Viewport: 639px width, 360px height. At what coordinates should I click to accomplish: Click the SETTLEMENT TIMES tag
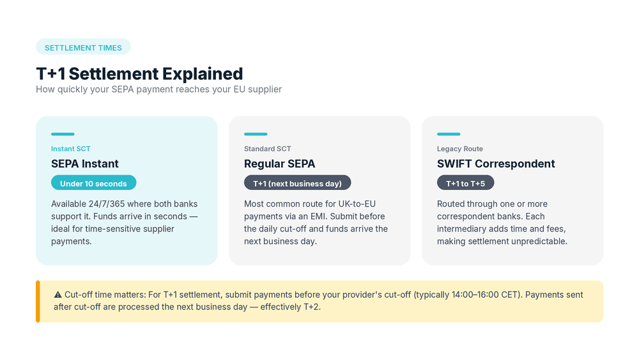(83, 47)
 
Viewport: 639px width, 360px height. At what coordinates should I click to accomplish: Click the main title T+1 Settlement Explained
(139, 74)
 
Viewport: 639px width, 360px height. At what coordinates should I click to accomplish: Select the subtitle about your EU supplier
(158, 90)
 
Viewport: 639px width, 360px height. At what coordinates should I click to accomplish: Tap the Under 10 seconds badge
(93, 184)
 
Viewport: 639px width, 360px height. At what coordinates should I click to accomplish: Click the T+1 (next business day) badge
(297, 184)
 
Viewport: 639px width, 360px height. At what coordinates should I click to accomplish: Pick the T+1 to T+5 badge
(465, 184)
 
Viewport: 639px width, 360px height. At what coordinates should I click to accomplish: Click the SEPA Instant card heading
(85, 164)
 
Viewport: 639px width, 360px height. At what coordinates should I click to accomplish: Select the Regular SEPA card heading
(279, 164)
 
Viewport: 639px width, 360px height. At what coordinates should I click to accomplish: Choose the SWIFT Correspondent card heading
(496, 164)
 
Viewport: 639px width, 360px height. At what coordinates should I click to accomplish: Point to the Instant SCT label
(71, 149)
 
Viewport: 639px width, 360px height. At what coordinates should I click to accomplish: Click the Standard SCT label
(267, 149)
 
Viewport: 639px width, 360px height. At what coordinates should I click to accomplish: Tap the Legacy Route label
(460, 149)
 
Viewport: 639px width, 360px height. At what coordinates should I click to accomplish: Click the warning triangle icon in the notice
(58, 295)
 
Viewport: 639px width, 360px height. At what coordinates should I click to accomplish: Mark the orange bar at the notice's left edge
(38, 301)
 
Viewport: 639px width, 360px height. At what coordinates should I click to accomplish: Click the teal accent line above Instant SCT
(63, 134)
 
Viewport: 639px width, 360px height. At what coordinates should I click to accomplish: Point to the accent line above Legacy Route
(449, 134)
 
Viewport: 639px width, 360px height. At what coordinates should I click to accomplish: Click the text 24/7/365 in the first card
(107, 204)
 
